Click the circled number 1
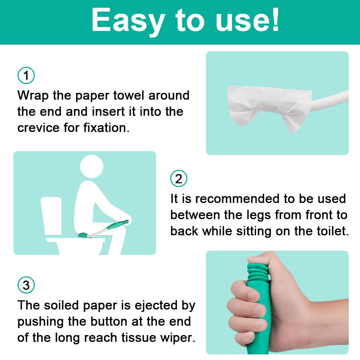point(26,75)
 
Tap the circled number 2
point(179,178)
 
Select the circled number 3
point(26,285)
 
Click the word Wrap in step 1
point(33,96)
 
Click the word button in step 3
point(109,321)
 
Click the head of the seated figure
point(92,166)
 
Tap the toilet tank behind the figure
point(51,216)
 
